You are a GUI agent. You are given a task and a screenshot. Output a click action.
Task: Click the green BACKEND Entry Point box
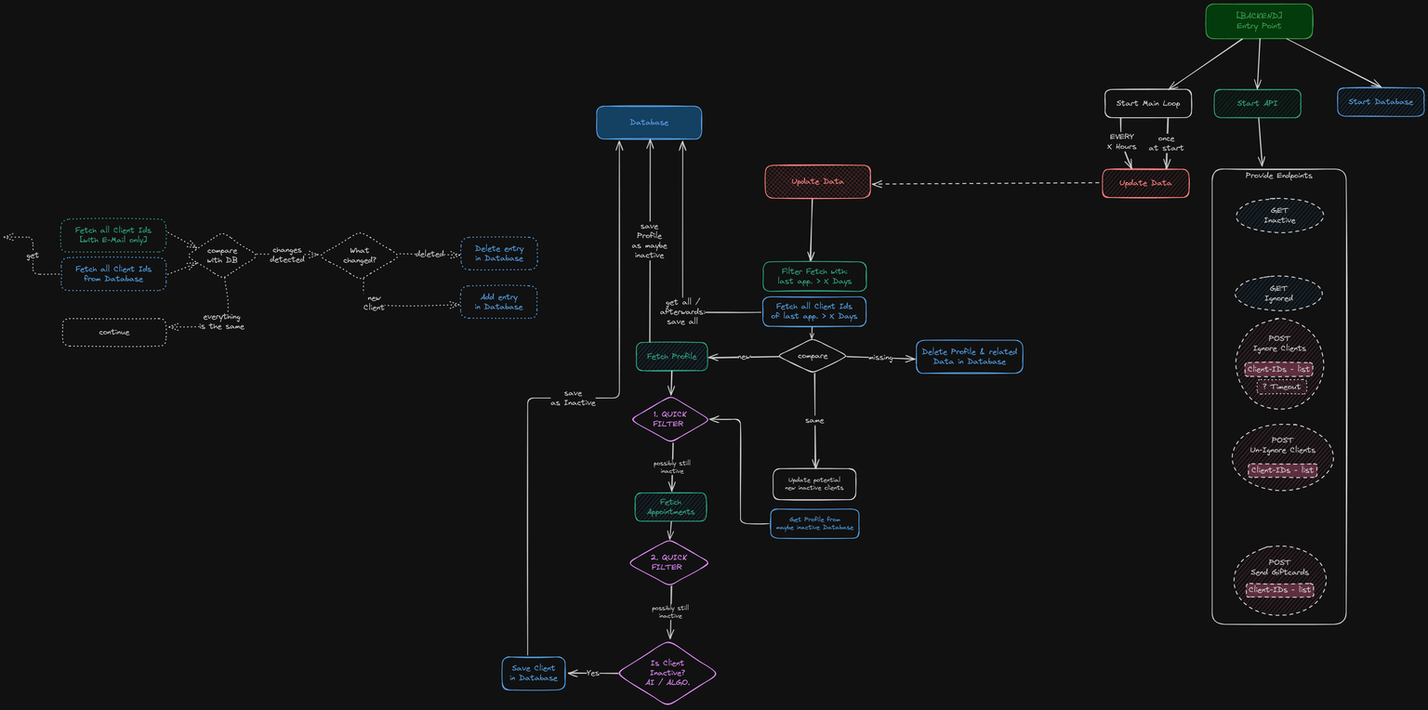pos(1259,21)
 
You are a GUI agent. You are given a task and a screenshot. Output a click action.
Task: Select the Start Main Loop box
pos(1147,103)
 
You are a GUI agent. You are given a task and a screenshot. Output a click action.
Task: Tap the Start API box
pos(1257,103)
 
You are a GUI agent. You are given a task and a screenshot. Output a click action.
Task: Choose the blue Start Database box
pos(1381,102)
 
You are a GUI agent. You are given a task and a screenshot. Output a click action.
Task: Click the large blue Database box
pos(649,123)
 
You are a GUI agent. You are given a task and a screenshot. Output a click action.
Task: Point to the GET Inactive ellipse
pos(1279,215)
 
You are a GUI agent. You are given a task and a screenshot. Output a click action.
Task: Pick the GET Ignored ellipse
pos(1278,294)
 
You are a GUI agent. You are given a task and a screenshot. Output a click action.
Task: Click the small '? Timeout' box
pos(1281,387)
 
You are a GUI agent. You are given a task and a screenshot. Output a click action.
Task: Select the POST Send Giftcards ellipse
pos(1279,581)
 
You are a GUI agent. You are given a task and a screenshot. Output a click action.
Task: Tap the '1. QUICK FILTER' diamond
pos(670,419)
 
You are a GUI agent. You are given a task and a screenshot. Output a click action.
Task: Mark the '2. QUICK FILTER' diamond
pos(669,562)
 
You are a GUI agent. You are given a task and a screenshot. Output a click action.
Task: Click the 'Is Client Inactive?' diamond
pos(668,673)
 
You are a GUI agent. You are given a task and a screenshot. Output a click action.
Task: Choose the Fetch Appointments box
pos(670,507)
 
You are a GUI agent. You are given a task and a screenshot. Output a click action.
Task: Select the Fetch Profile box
pos(671,357)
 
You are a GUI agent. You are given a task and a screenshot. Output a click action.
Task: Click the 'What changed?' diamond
pos(359,256)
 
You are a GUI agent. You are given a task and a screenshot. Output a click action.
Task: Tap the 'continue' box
pos(114,333)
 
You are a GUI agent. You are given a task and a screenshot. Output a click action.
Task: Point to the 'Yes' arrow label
pos(593,673)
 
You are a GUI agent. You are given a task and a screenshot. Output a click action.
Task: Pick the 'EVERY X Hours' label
pos(1121,141)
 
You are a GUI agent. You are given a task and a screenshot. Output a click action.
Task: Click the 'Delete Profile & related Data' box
pos(969,357)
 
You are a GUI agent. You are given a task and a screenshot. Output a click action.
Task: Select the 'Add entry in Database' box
pos(498,302)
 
